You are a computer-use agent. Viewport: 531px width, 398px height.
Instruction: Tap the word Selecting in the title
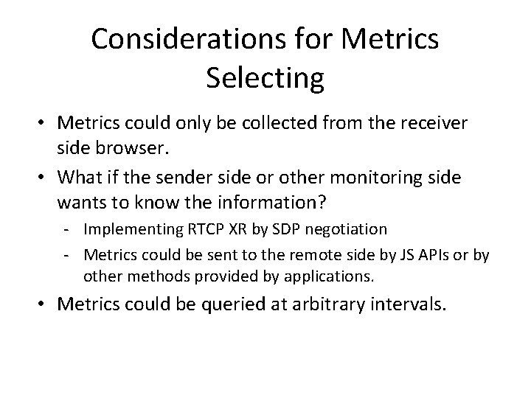point(265,78)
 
